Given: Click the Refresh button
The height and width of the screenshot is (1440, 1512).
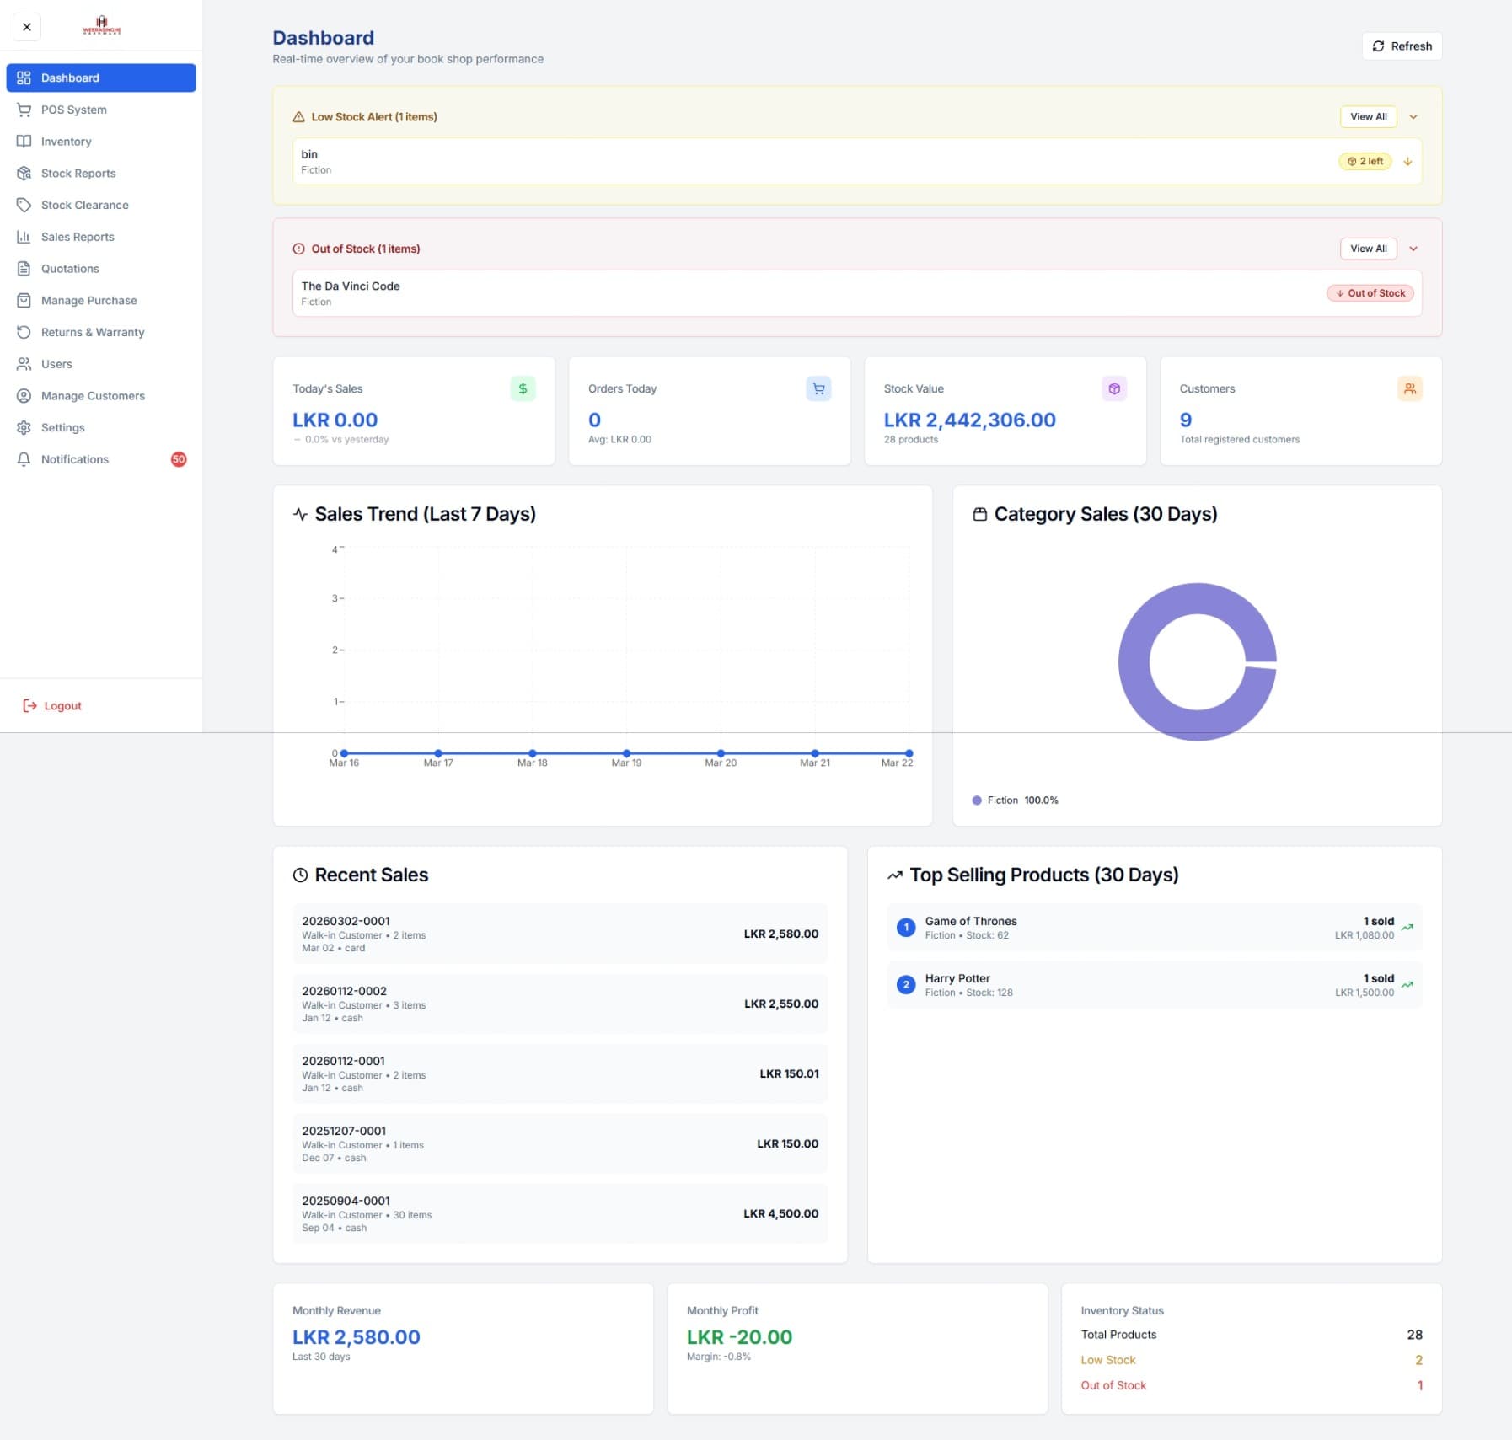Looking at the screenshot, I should click(1402, 46).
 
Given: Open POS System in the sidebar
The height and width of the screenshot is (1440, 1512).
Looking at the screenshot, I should click(74, 110).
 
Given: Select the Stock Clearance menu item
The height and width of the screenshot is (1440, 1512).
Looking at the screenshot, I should click(84, 205).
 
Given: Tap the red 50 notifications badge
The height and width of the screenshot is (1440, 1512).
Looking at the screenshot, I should click(179, 459).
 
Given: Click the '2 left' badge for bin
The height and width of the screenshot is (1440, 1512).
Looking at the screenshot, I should click(1365, 161).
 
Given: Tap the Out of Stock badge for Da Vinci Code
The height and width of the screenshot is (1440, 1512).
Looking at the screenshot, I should click(1370, 293).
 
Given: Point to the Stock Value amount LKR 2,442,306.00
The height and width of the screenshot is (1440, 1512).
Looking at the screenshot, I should click(969, 420).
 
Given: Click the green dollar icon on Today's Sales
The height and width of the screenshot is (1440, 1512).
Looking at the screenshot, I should click(523, 388).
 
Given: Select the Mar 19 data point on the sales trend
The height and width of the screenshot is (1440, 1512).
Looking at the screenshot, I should click(626, 753).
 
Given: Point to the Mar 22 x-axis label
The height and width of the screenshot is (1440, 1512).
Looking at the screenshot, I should click(897, 763).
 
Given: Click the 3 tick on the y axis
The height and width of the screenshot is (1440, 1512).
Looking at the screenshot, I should click(335, 598).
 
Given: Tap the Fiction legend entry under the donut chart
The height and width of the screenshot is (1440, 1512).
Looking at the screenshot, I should click(1002, 800).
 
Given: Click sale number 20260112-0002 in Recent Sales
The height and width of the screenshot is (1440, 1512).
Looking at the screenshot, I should click(344, 991).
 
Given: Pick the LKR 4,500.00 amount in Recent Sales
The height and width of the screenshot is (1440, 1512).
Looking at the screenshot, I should click(780, 1213).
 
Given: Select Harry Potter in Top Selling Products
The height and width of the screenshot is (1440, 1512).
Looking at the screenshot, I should click(957, 978).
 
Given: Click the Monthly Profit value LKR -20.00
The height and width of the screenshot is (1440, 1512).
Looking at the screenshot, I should click(739, 1337).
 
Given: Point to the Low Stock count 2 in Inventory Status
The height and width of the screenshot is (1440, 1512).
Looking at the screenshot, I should click(1418, 1360).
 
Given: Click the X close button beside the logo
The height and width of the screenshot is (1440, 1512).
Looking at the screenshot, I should click(27, 27).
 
